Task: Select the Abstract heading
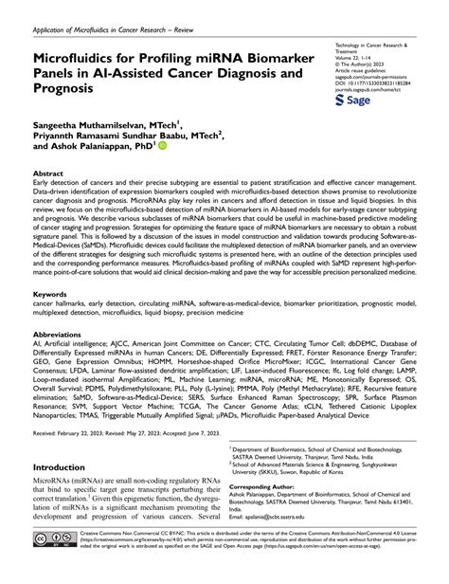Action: [x=49, y=175]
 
